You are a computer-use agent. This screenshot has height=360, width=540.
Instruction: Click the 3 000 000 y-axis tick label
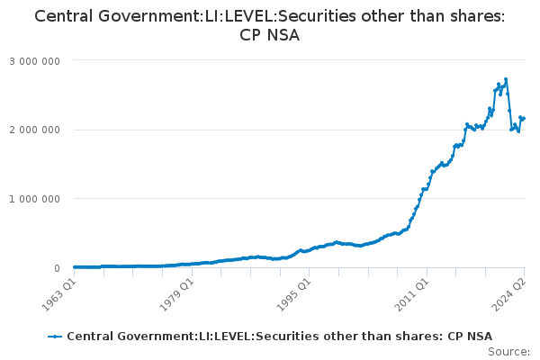35,60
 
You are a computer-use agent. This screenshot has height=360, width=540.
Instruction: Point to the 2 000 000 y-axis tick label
35,130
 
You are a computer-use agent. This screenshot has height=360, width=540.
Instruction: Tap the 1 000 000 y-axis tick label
35,199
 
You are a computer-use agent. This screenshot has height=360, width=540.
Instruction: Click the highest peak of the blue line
506,79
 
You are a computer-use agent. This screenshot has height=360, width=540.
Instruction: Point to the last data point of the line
524,119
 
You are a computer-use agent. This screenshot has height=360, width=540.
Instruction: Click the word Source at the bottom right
508,352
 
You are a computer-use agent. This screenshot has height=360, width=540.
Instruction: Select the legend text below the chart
279,336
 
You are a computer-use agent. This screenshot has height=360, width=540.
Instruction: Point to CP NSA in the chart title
270,36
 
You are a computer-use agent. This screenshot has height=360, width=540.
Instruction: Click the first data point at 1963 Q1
74,267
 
